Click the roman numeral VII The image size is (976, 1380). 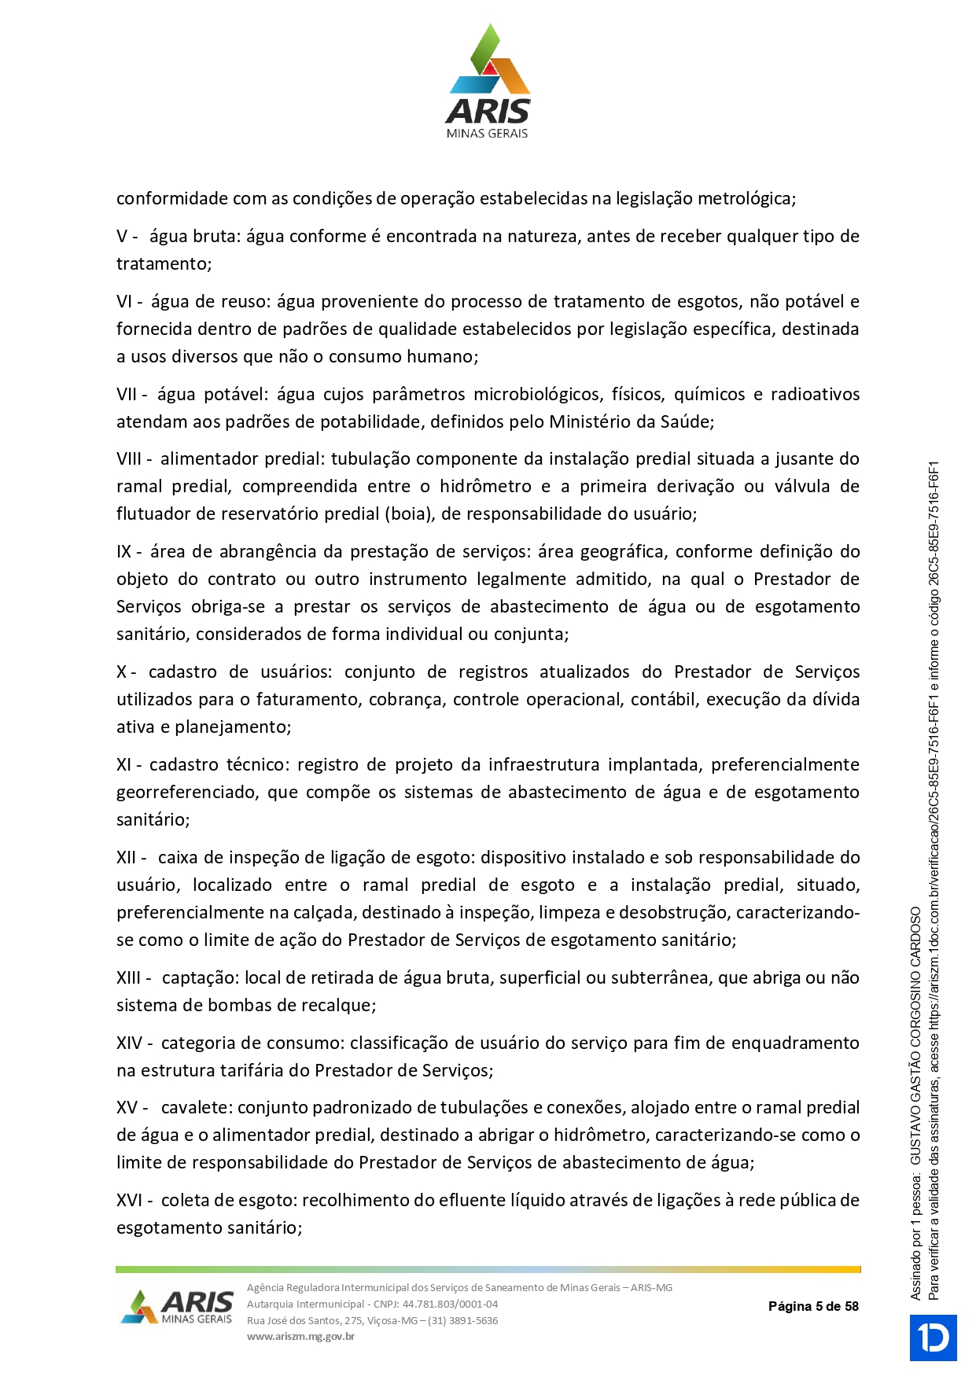(x=127, y=394)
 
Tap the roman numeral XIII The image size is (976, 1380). (x=129, y=977)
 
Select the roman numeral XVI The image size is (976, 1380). (x=129, y=1200)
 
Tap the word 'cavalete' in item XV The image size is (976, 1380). (x=197, y=1107)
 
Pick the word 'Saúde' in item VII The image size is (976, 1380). (x=686, y=421)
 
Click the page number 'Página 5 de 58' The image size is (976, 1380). (x=813, y=1306)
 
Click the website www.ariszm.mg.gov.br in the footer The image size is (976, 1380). (x=300, y=1336)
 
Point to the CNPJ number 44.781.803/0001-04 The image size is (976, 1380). (x=450, y=1304)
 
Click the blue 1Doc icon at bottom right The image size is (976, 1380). (x=934, y=1338)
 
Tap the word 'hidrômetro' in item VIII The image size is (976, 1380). (x=485, y=486)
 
